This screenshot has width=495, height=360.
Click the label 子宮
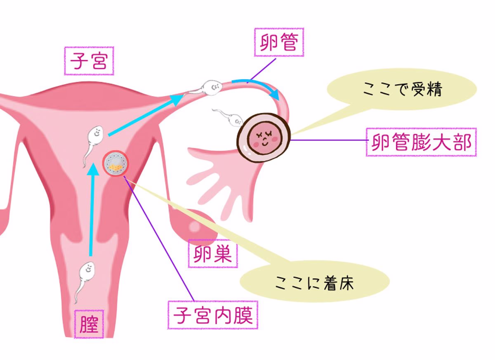tap(89, 61)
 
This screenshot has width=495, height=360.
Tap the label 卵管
tap(279, 42)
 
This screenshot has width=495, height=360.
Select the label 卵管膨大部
tap(421, 142)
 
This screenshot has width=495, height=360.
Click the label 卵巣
tap(213, 254)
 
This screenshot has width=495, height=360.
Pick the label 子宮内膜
tap(212, 315)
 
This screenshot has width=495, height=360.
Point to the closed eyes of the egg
tap(264, 132)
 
